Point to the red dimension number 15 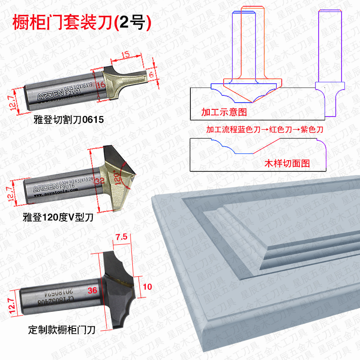coord(126,54)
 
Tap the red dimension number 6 coord(151,74)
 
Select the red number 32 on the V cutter coord(99,180)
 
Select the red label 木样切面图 coord(287,163)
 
